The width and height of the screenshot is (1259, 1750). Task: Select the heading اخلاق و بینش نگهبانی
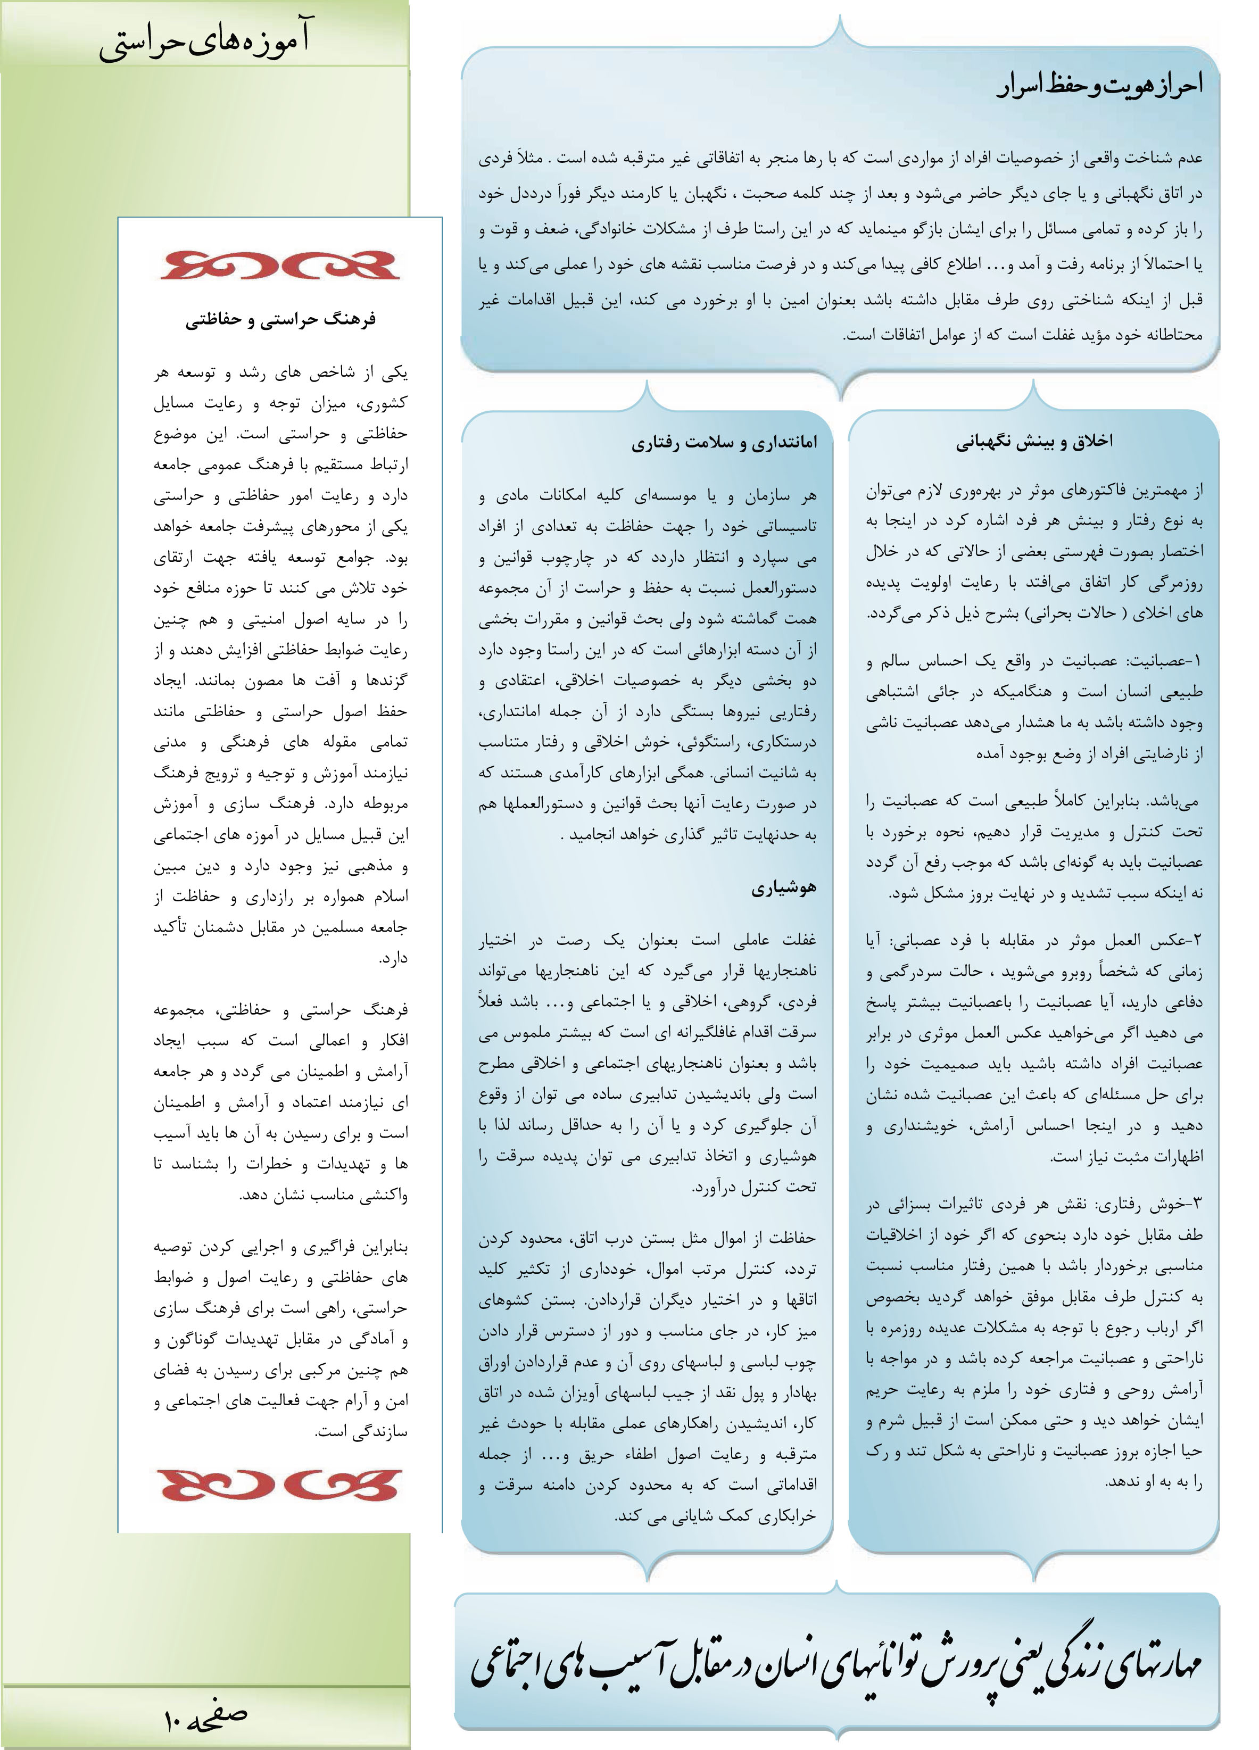(1034, 442)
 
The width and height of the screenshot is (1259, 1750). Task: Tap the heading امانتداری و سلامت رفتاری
(724, 442)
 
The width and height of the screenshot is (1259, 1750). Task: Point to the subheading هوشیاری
(784, 888)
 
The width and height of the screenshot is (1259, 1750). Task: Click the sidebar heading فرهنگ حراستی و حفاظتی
(280, 319)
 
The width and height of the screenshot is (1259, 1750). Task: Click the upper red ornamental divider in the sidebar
(280, 264)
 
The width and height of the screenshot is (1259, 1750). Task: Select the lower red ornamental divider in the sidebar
(280, 1486)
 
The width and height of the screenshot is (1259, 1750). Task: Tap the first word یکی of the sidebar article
(395, 372)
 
